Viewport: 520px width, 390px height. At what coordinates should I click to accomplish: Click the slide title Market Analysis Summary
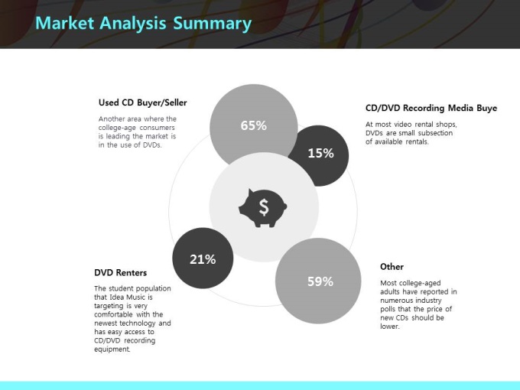point(143,24)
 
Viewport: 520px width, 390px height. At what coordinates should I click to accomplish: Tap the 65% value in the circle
point(254,125)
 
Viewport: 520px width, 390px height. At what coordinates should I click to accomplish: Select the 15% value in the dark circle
point(320,153)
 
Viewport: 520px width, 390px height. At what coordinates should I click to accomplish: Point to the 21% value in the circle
point(203,259)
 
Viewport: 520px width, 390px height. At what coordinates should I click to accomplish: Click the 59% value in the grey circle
point(320,281)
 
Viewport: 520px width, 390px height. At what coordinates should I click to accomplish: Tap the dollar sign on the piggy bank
point(264,207)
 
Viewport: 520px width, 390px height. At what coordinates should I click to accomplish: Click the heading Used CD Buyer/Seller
point(142,102)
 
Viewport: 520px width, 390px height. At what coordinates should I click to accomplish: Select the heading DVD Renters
point(120,272)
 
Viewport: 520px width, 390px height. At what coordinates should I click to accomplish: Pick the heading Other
point(392,267)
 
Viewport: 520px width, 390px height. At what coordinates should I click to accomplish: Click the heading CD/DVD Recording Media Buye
point(431,108)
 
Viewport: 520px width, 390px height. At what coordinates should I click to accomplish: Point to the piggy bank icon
point(262,208)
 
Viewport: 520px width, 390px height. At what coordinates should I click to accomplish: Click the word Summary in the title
point(213,24)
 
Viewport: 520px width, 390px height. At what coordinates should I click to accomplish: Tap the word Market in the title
point(65,23)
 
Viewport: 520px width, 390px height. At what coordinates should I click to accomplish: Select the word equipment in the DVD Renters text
point(112,349)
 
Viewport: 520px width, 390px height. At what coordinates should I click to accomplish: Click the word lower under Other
point(390,327)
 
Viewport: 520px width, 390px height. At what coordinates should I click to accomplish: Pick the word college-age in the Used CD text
point(117,128)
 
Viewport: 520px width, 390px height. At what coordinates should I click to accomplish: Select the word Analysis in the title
point(133,24)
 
